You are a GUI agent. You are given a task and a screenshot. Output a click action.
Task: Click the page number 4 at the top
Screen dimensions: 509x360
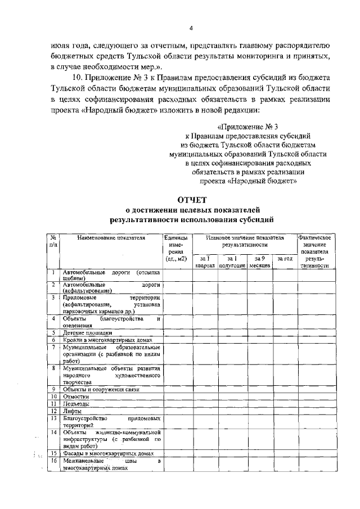[191, 28]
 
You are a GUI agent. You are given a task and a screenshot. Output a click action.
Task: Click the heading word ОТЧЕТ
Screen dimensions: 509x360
[192, 200]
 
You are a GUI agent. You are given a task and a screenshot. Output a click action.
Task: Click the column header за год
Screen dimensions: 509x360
[285, 259]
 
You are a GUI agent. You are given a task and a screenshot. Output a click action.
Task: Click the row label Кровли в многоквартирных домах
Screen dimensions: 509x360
[107, 340]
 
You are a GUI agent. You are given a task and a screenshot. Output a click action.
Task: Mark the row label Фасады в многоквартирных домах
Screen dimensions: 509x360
[107, 453]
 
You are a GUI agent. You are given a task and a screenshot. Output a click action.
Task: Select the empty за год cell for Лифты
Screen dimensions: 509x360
[285, 411]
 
